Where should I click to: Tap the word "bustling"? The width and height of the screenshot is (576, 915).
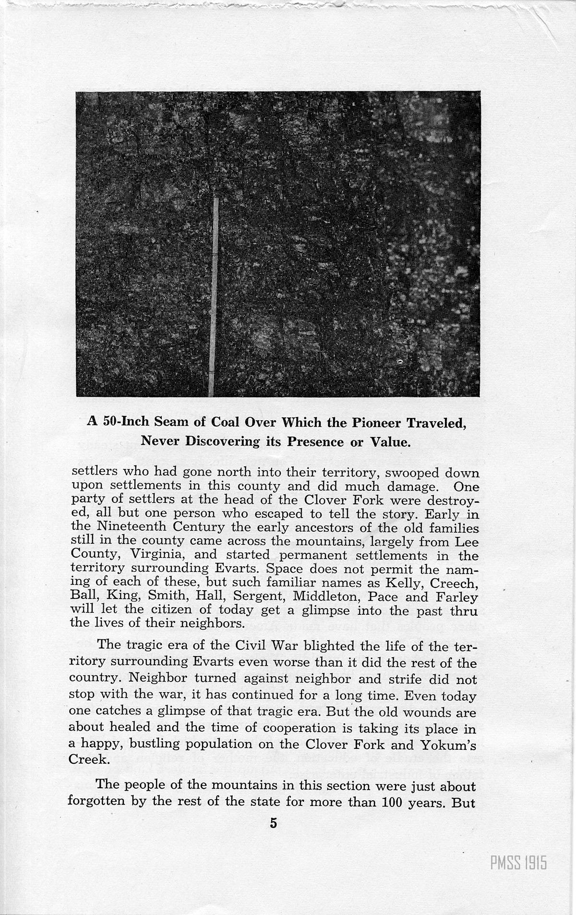(x=163, y=744)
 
